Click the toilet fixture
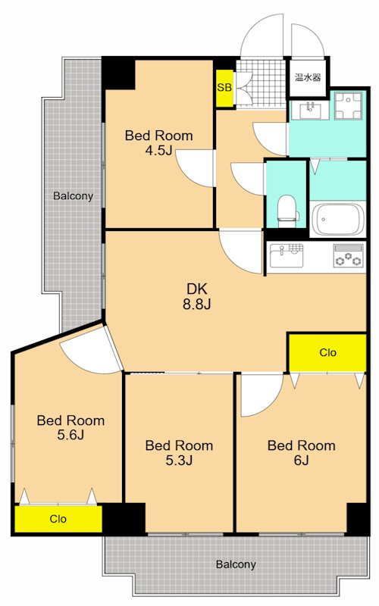[x=288, y=211]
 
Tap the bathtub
[x=338, y=219]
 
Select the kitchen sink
[x=287, y=255]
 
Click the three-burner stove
[x=349, y=255]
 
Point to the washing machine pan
[x=348, y=105]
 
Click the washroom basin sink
[x=310, y=111]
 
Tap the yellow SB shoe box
[x=224, y=88]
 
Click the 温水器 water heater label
[x=308, y=77]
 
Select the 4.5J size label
[x=158, y=150]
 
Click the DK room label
[x=197, y=289]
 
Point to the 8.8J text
[x=197, y=305]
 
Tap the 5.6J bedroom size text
[x=70, y=435]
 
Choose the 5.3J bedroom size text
[x=179, y=460]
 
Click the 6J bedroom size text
[x=301, y=460]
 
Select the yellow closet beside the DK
[x=327, y=352]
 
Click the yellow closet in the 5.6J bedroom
[x=58, y=519]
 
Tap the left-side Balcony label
[x=73, y=196]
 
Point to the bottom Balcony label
[x=236, y=564]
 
